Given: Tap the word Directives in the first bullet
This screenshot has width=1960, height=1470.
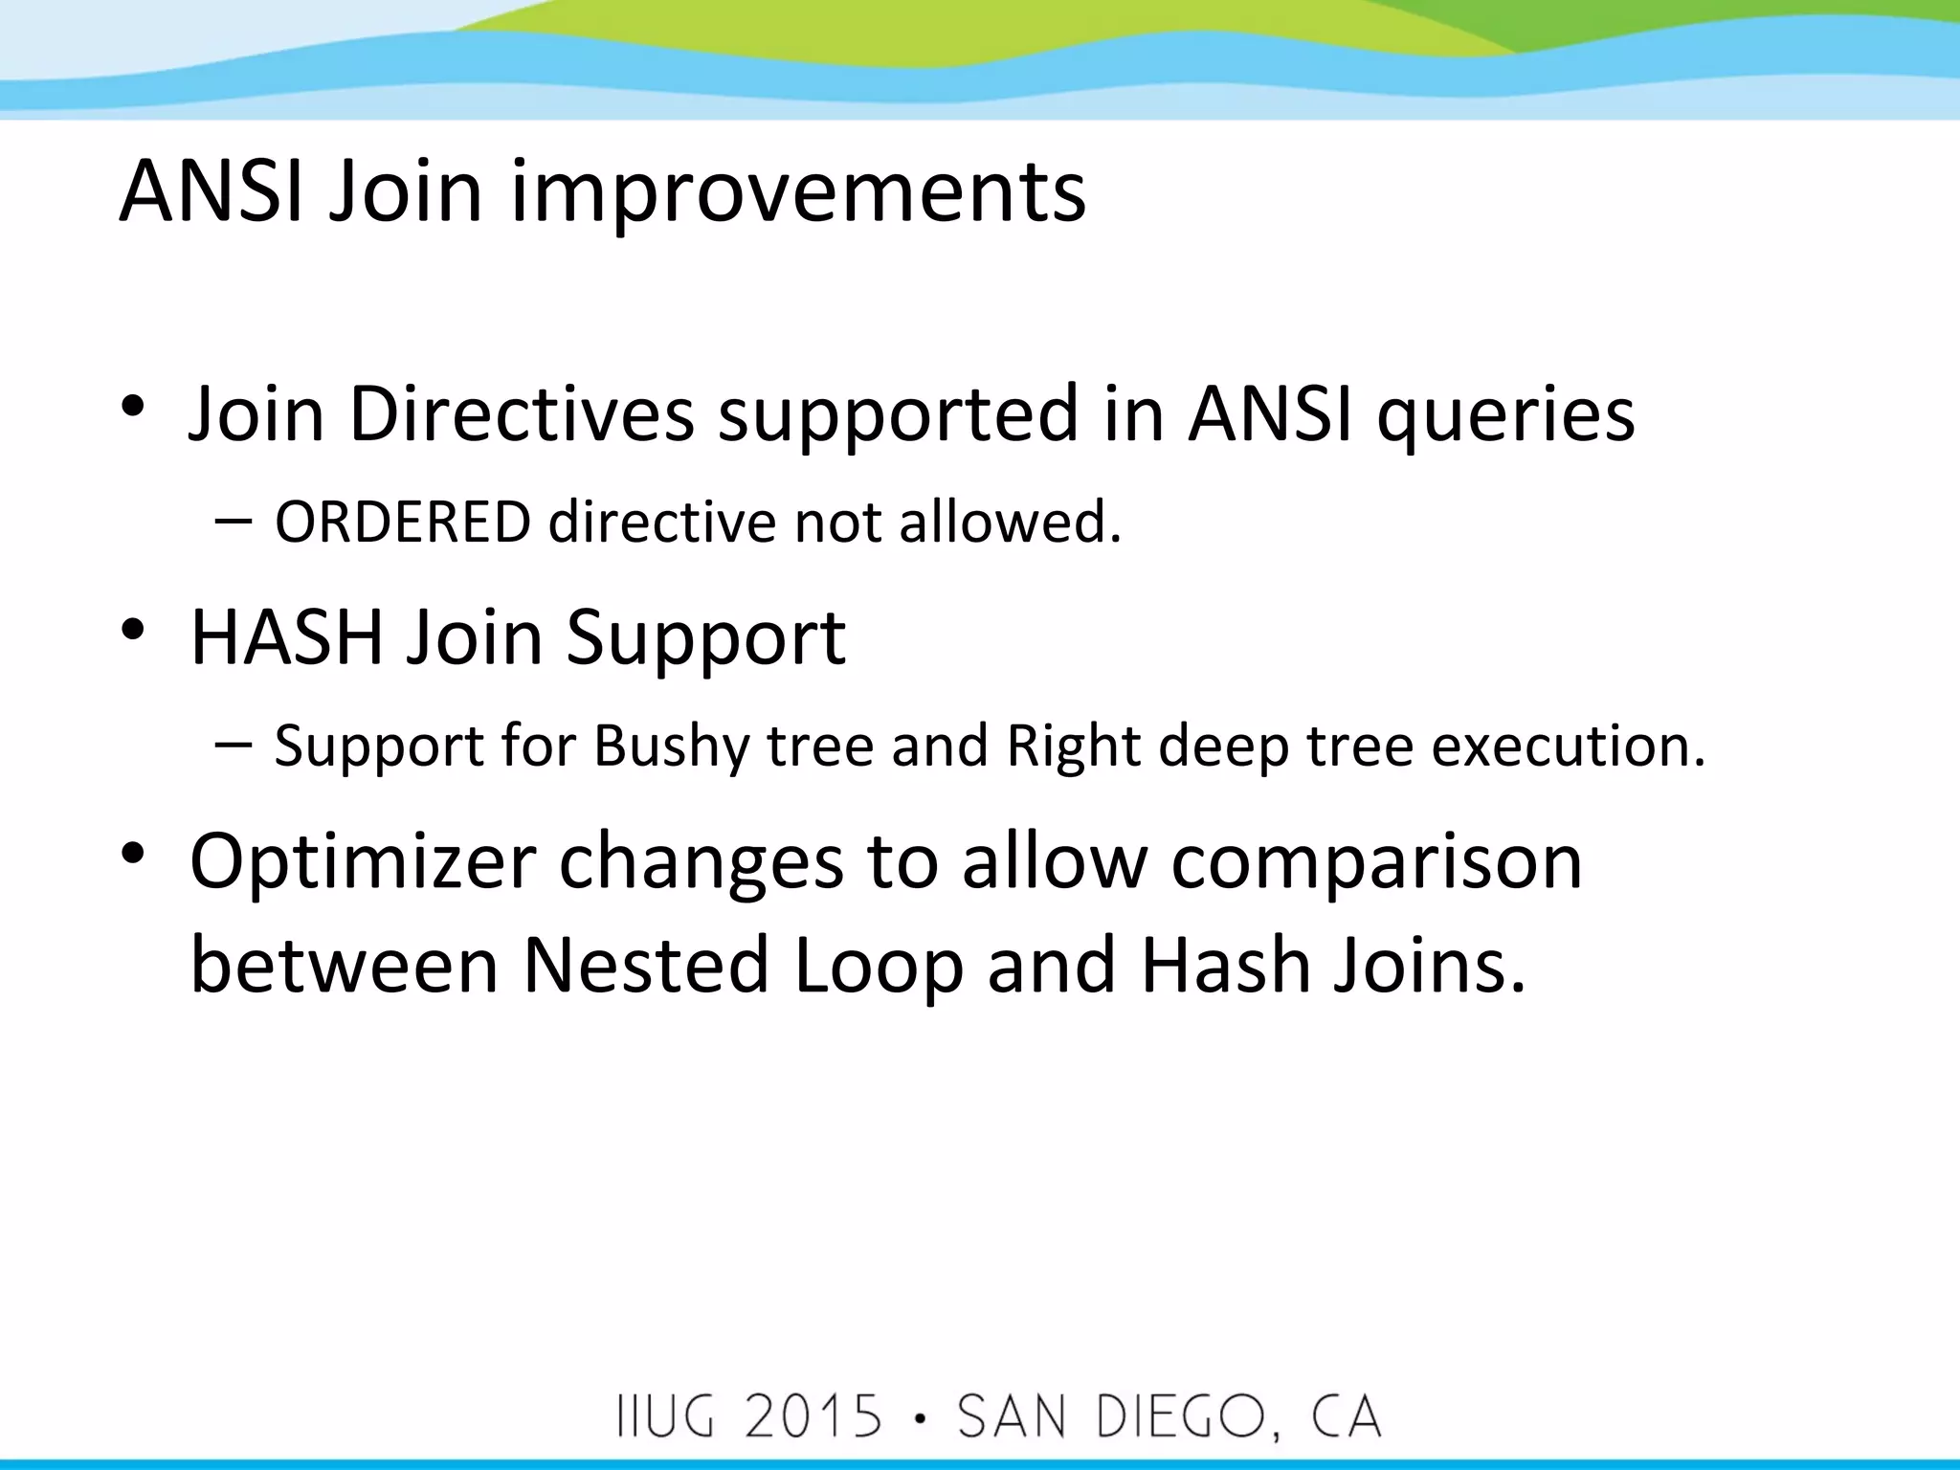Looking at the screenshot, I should [x=522, y=413].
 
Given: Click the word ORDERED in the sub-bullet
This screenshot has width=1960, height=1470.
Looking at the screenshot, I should [x=402, y=523].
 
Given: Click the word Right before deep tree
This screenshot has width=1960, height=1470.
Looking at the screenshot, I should [x=1073, y=746].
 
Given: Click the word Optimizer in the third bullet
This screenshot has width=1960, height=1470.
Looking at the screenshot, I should [x=363, y=861].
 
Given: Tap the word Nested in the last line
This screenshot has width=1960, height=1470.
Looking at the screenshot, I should [x=646, y=965].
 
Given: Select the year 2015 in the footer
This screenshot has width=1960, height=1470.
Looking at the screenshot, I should [x=813, y=1416].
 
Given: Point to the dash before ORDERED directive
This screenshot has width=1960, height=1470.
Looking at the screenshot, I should [x=234, y=522].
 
